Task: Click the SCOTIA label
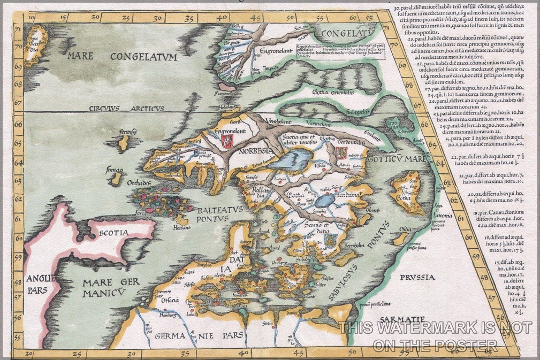(113, 233)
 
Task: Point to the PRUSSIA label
(416, 277)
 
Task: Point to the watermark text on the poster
(435, 336)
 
